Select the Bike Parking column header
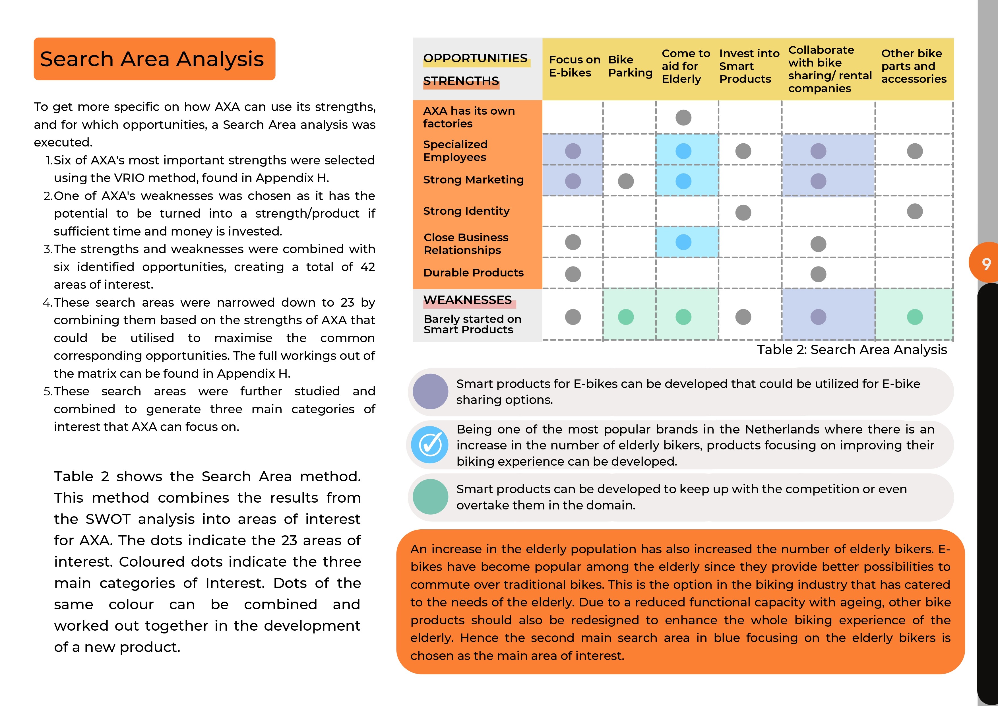[630, 66]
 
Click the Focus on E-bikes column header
[574, 66]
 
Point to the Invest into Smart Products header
[749, 66]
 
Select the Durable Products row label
[473, 273]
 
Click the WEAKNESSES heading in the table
[467, 300]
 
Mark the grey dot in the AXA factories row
[683, 117]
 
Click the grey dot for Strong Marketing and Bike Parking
[625, 181]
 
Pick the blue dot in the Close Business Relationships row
[683, 242]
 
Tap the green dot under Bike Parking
[625, 317]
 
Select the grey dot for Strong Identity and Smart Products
[743, 212]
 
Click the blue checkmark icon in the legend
[430, 445]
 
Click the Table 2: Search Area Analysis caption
[852, 350]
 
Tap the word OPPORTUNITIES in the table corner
[475, 58]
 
